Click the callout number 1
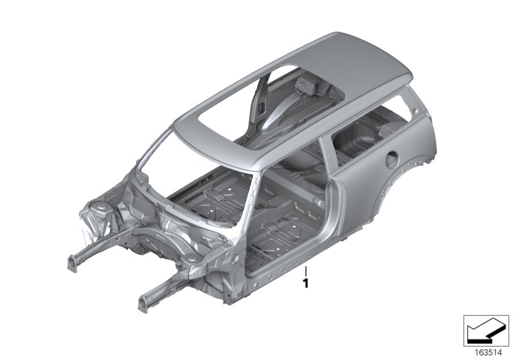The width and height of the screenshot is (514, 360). [306, 283]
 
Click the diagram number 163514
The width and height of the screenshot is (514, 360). [488, 352]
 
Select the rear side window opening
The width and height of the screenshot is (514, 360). [371, 131]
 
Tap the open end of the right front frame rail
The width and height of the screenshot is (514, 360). [143, 303]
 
